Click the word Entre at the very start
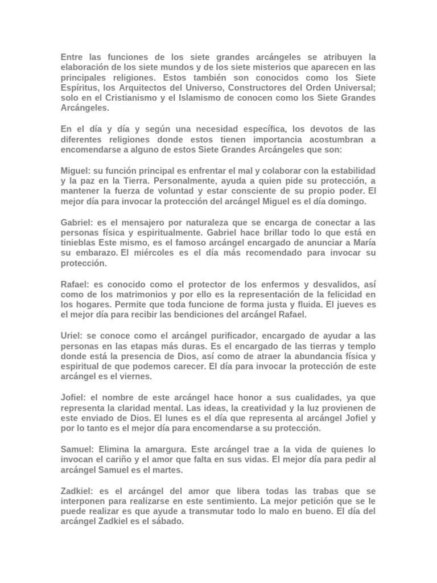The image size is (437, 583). pyautogui.click(x=72, y=58)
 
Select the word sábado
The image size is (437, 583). pyautogui.click(x=168, y=520)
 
